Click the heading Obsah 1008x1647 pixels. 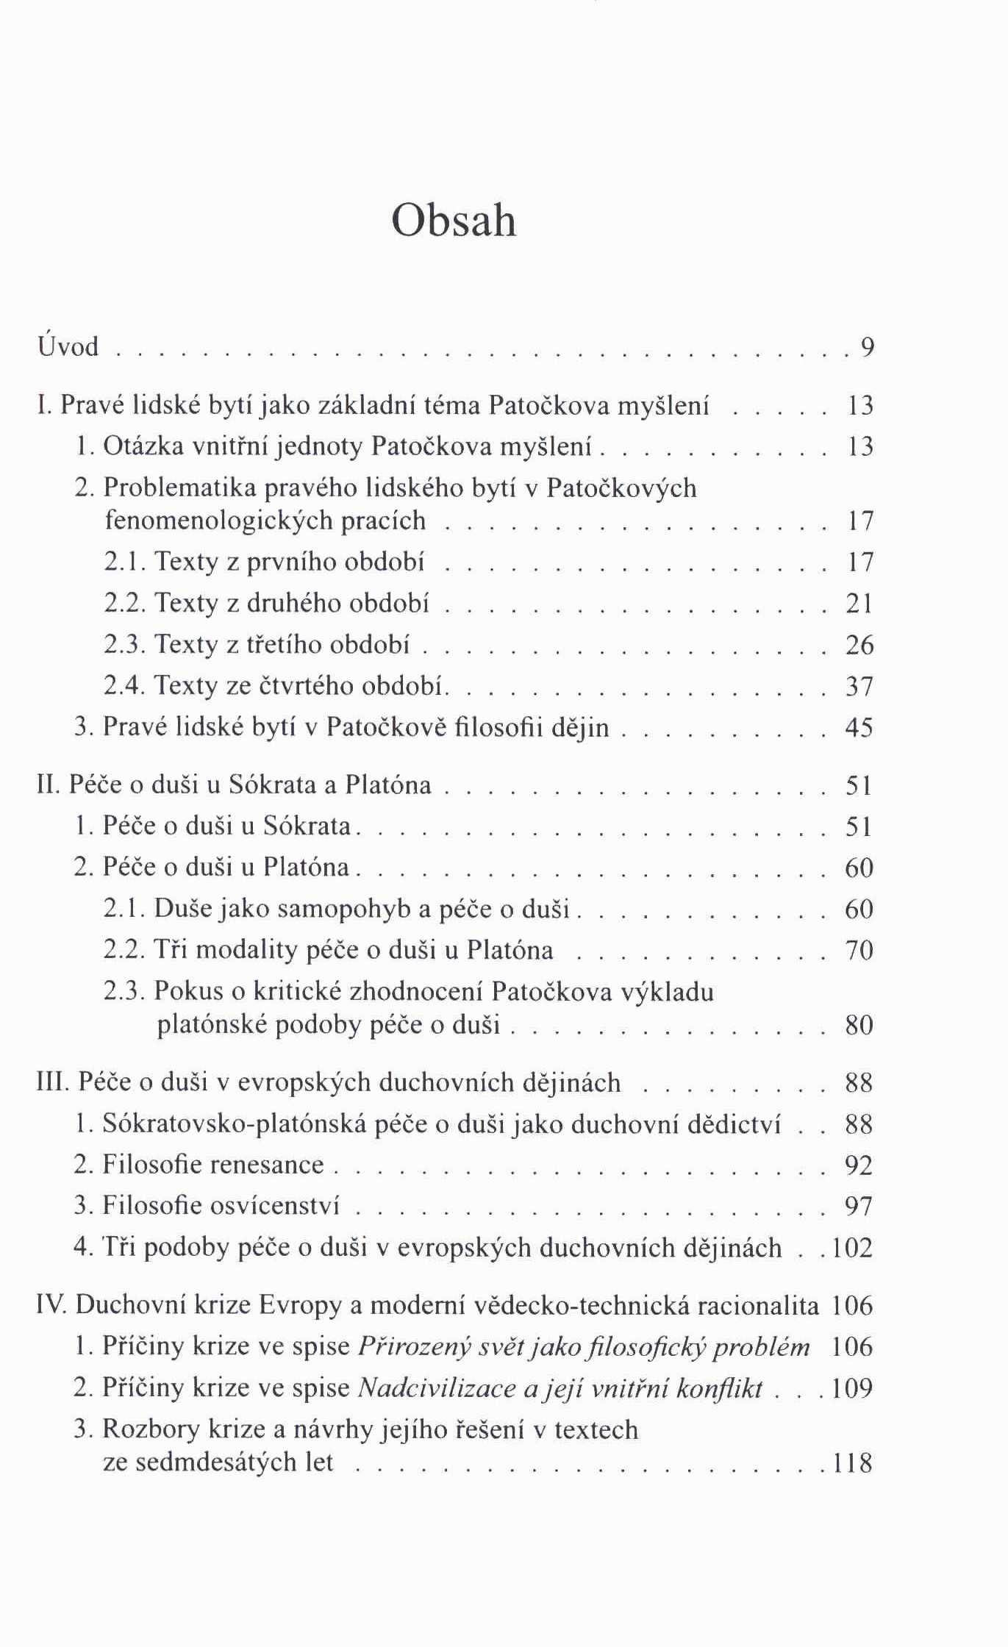point(454,220)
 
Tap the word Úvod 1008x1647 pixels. point(68,345)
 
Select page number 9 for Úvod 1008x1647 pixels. point(868,347)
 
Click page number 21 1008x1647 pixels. point(859,604)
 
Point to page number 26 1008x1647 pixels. point(859,645)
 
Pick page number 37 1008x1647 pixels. point(859,686)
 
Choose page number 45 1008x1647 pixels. point(859,727)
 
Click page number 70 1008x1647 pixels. point(859,951)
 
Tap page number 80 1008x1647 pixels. point(859,1025)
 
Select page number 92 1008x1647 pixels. point(859,1165)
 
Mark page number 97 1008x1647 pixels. point(859,1207)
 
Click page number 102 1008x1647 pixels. point(852,1248)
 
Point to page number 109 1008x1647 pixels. point(852,1388)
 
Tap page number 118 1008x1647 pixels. point(852,1462)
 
